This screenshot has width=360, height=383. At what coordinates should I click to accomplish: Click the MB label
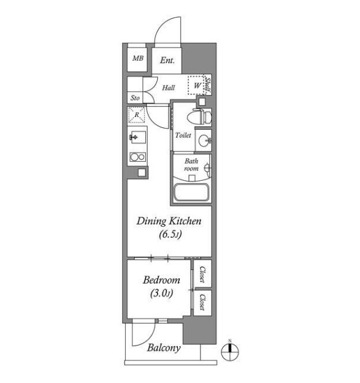(138, 58)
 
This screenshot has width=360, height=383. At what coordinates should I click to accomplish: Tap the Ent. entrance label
(167, 60)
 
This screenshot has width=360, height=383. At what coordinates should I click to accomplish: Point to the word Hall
(169, 88)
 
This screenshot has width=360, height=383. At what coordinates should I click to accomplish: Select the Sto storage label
(135, 98)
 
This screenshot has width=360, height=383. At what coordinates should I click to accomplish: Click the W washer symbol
(196, 85)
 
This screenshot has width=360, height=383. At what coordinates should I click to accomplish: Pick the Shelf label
(208, 86)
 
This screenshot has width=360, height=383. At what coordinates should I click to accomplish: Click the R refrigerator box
(137, 115)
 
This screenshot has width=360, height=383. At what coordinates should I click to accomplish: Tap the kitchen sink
(137, 137)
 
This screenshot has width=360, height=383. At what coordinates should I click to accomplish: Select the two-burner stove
(138, 157)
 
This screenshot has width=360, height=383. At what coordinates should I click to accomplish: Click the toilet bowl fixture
(199, 117)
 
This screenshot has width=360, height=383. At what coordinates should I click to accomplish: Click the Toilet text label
(183, 135)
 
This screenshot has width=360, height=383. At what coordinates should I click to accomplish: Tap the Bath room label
(191, 165)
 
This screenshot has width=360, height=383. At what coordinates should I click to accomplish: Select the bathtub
(192, 192)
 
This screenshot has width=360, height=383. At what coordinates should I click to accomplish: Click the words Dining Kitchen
(169, 221)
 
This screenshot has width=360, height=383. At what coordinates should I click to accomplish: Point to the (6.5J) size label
(170, 235)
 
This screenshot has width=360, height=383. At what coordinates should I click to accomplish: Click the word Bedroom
(161, 280)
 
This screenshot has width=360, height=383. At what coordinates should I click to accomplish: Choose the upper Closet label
(202, 274)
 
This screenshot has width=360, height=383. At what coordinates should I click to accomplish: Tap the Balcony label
(164, 348)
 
